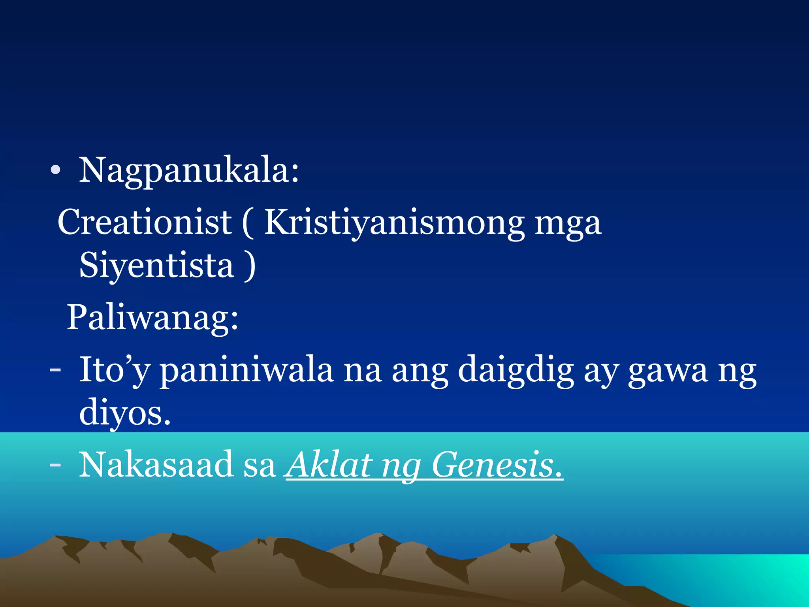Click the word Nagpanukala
(189, 171)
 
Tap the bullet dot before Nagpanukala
(55, 170)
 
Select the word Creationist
(145, 222)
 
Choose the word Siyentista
(157, 266)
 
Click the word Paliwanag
(152, 318)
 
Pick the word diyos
(125, 413)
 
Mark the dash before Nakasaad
(55, 466)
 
